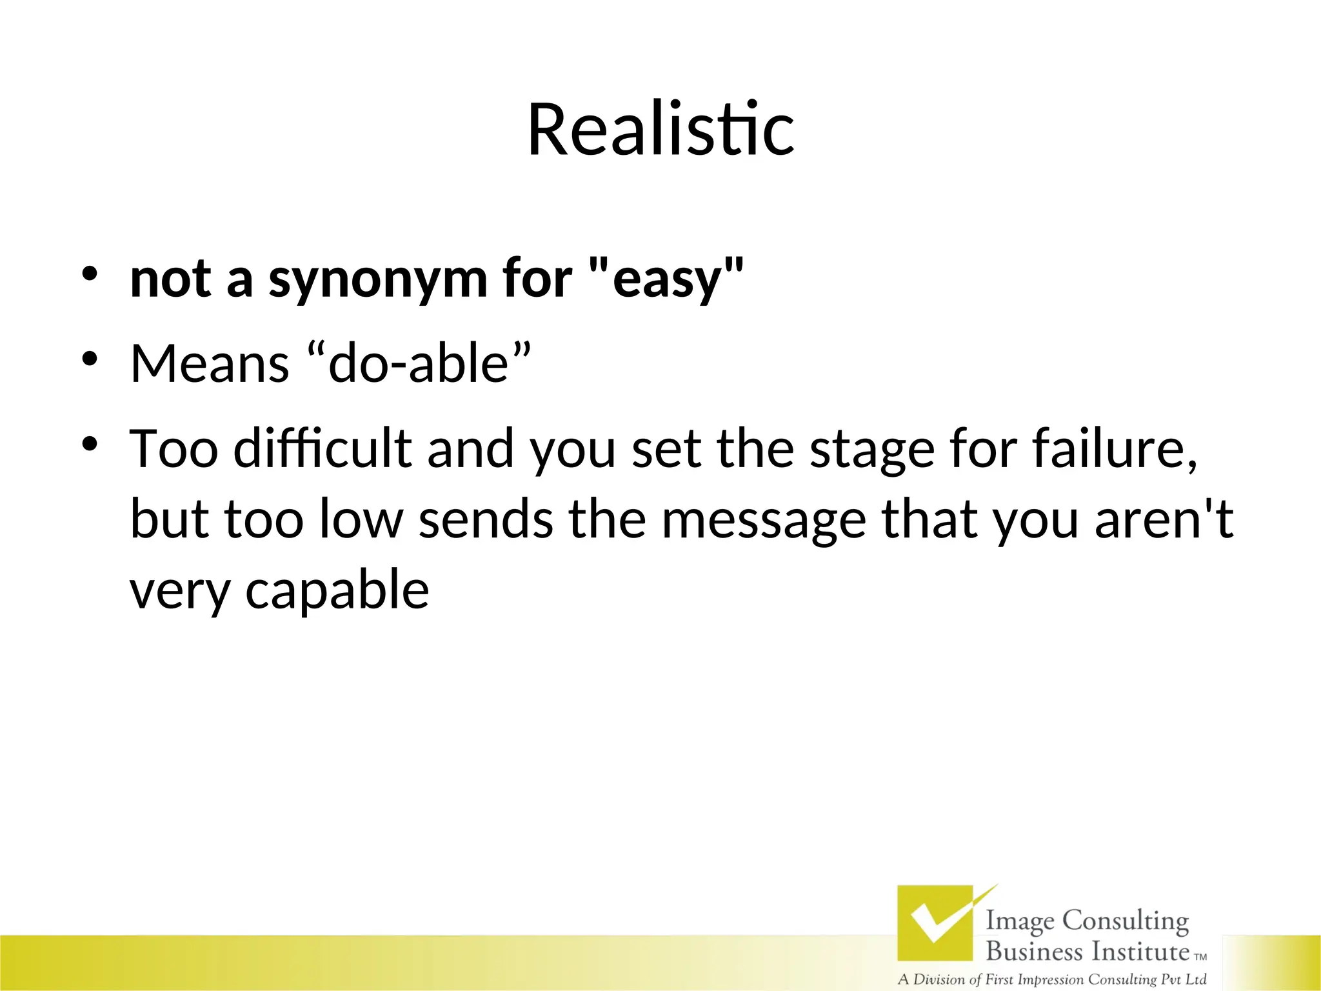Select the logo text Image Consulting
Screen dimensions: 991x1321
coord(1087,921)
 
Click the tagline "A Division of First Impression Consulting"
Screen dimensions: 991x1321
coord(1051,979)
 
